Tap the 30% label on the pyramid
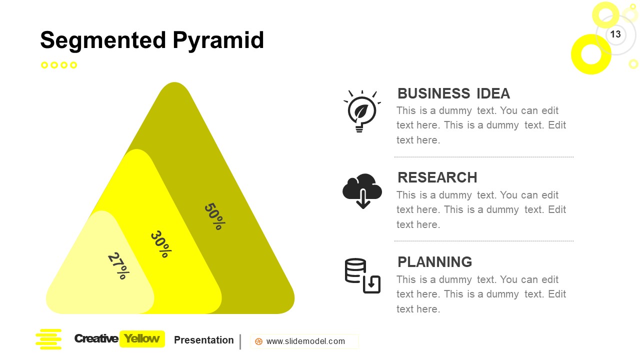[161, 244]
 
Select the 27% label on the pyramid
[118, 265]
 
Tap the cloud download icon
[362, 191]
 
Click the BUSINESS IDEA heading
[453, 93]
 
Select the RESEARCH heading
[437, 177]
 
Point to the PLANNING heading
[434, 262]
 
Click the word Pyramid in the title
[218, 40]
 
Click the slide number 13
[615, 34]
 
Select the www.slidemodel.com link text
[305, 341]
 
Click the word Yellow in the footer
[142, 339]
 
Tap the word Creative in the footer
[96, 339]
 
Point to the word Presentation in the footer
[203, 340]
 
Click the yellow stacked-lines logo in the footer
[48, 339]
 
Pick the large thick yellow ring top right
[591, 54]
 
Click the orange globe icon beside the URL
[258, 341]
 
